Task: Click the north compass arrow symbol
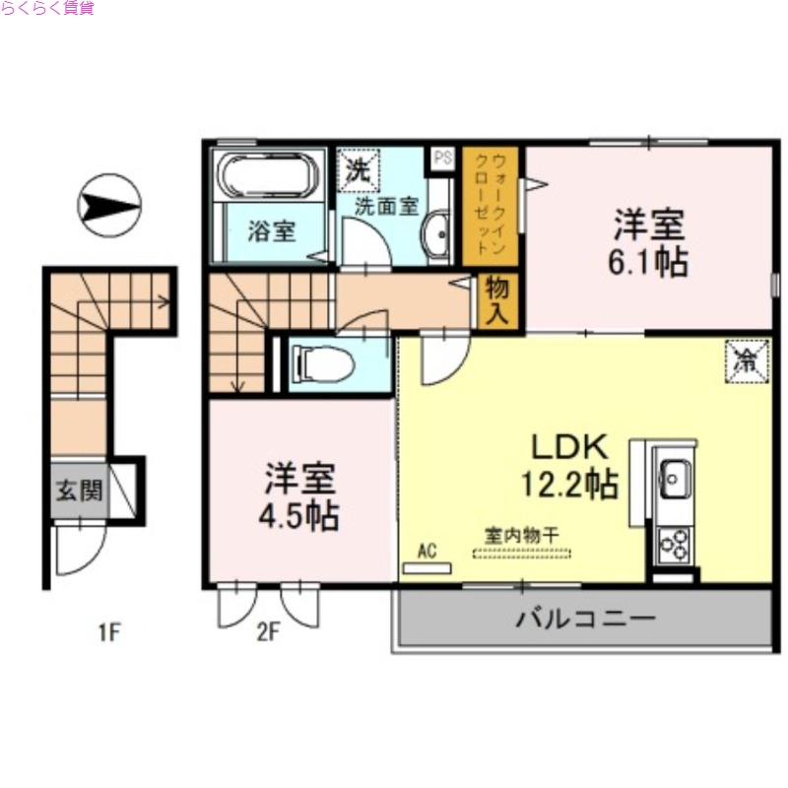coord(109,206)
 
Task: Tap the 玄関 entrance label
coord(78,492)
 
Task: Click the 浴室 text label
coord(271,232)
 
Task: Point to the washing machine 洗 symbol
coord(357,167)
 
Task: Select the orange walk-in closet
coord(491,206)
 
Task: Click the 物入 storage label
coord(495,301)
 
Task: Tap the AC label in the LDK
coord(427,551)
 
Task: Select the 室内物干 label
coord(521,535)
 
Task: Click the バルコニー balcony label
coord(585,621)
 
